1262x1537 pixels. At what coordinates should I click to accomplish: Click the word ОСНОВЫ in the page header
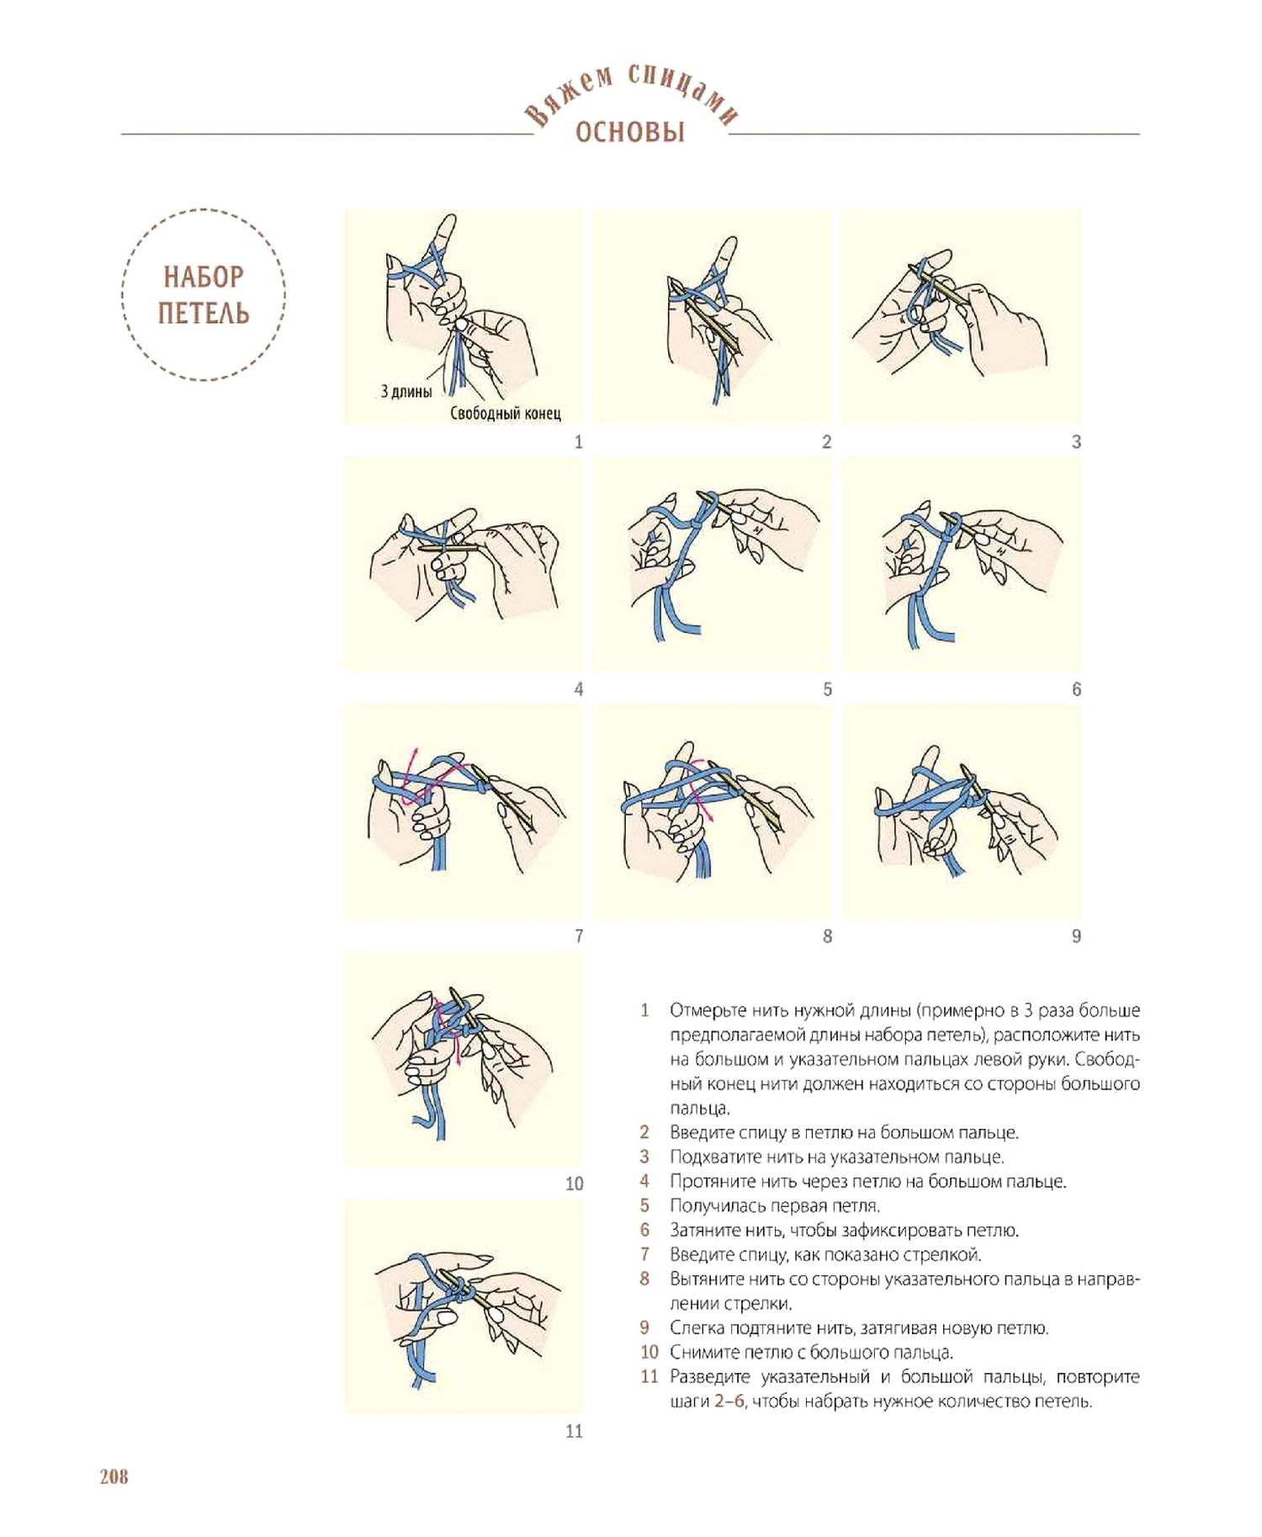(630, 132)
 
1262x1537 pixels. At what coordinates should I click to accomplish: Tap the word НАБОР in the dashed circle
(204, 277)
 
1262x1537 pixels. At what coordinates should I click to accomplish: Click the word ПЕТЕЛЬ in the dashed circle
(204, 313)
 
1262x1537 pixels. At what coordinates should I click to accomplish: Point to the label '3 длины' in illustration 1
(406, 391)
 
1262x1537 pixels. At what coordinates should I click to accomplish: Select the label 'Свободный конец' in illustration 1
(505, 413)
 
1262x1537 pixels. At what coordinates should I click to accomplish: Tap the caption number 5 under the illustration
(827, 689)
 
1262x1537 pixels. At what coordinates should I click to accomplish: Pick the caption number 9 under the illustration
(1076, 936)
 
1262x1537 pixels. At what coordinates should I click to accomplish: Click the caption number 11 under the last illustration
(574, 1431)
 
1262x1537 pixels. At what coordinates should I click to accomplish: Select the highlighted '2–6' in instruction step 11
(729, 1401)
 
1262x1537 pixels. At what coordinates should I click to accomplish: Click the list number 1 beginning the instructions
(644, 1010)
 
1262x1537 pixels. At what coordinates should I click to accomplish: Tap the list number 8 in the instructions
(644, 1279)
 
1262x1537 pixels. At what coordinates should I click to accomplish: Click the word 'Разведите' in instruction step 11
(712, 1377)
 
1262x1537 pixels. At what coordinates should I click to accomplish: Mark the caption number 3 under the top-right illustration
(1076, 442)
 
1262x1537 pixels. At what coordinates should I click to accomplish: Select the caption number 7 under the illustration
(579, 936)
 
